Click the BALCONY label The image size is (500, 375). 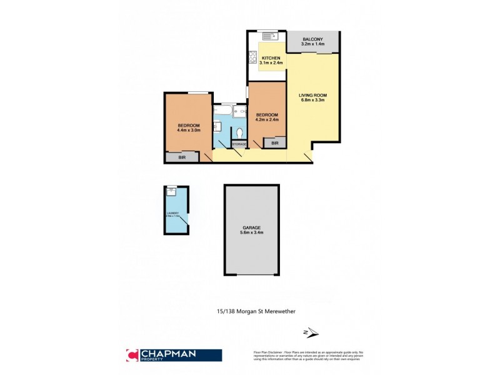pos(313,39)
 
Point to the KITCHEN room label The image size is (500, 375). pos(271,57)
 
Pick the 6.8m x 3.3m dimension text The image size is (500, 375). pos(313,101)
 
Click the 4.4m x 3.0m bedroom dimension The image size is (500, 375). pos(188,131)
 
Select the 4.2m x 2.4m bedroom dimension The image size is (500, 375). pos(267,120)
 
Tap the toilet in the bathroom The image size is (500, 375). pos(240,132)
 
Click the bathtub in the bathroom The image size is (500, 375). pos(222,113)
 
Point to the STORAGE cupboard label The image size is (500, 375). pos(239,144)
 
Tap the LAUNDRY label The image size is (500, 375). pos(172,214)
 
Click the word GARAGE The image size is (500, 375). pos(252,227)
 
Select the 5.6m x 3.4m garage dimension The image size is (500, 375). pos(252,233)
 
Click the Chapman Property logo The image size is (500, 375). pos(174,355)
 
